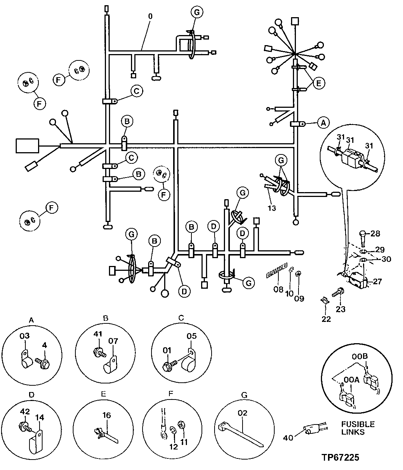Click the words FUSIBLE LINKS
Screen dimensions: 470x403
coord(357,429)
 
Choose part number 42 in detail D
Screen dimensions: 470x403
coord(25,412)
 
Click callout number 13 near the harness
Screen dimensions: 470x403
coord(272,208)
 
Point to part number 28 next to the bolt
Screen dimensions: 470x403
coord(375,234)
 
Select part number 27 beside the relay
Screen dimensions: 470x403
coord(377,281)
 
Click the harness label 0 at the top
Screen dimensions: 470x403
coord(150,17)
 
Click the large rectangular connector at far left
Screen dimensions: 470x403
coord(27,145)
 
